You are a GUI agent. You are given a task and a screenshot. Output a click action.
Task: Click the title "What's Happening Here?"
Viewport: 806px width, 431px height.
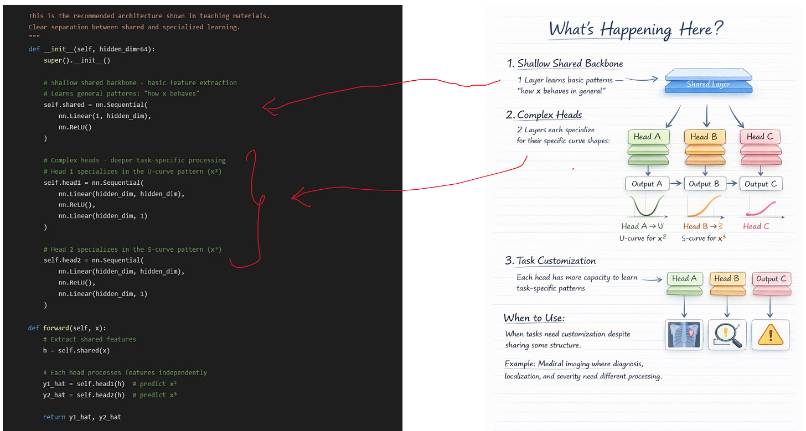(636, 29)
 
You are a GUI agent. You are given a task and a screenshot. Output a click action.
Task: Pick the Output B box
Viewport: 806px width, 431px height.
(704, 184)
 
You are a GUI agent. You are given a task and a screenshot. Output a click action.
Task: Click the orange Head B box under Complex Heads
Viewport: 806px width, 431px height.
(704, 137)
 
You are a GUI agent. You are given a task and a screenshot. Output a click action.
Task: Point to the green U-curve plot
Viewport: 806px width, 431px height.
(645, 207)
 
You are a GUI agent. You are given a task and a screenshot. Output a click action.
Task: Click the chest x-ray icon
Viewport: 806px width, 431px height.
(684, 334)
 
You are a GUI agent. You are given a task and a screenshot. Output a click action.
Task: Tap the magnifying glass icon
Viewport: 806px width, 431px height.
(727, 334)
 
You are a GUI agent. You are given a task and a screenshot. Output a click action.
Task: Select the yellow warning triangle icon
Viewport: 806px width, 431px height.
(771, 334)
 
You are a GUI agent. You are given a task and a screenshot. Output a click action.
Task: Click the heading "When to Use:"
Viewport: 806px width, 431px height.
(534, 318)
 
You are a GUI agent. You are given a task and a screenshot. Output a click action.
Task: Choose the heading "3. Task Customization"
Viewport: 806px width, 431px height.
(551, 261)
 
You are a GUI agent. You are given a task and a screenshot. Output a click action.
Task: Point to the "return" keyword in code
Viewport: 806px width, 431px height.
(54, 417)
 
